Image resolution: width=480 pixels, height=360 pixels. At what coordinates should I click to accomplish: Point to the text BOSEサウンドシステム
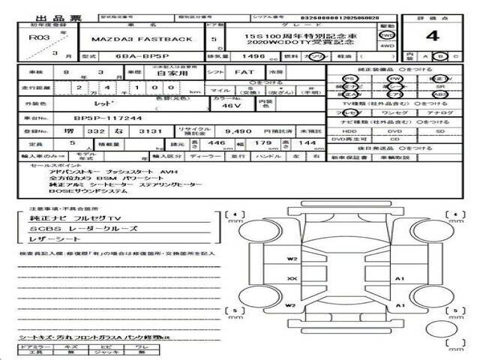82,191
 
